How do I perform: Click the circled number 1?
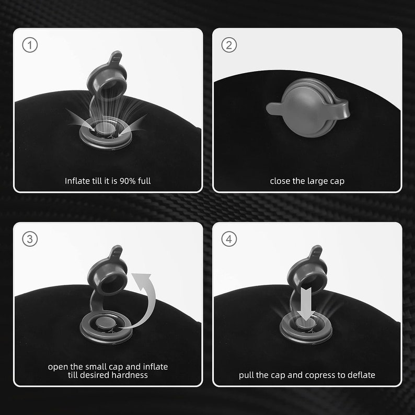pos(30,45)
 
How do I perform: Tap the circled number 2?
pos(229,45)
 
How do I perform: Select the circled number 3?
pos(30,239)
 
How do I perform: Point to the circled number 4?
pos(229,239)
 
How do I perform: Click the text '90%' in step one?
pos(128,181)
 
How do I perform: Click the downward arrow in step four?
pos(306,304)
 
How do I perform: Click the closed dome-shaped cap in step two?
pos(308,108)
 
